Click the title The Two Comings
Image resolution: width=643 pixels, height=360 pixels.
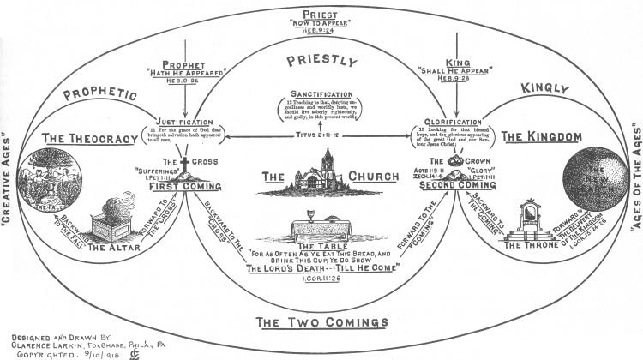point(321,323)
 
